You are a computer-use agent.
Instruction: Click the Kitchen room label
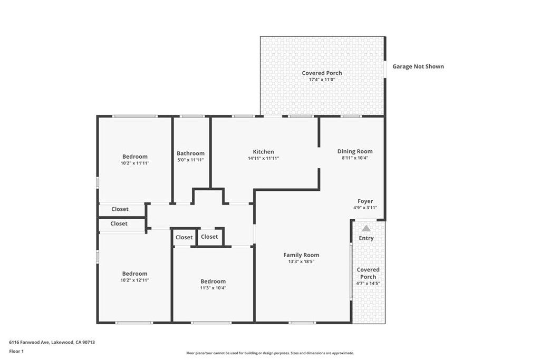point(264,151)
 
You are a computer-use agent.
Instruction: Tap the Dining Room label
point(355,151)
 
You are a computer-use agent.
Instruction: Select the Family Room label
point(301,255)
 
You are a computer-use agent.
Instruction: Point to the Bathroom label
point(190,153)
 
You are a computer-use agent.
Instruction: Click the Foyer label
point(365,201)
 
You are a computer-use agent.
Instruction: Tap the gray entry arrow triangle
point(366,228)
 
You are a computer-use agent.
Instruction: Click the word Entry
point(366,238)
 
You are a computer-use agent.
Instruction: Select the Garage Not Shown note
point(418,66)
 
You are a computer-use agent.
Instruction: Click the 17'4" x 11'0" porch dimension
point(322,80)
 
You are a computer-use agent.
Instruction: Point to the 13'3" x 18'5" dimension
point(301,261)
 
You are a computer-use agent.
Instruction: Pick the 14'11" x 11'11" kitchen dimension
point(264,158)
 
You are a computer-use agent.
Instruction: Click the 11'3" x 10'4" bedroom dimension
point(213,288)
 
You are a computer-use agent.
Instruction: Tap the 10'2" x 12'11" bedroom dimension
point(134,280)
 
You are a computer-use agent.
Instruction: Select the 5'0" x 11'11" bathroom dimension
point(190,160)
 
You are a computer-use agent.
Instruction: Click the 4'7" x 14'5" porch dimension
point(368,284)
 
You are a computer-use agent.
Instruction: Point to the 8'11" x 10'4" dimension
point(355,158)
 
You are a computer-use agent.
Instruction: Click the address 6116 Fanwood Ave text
point(30,342)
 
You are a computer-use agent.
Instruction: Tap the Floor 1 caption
point(16,352)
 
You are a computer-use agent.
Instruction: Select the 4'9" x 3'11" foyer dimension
point(365,208)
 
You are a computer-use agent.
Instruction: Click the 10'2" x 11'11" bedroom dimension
point(134,163)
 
